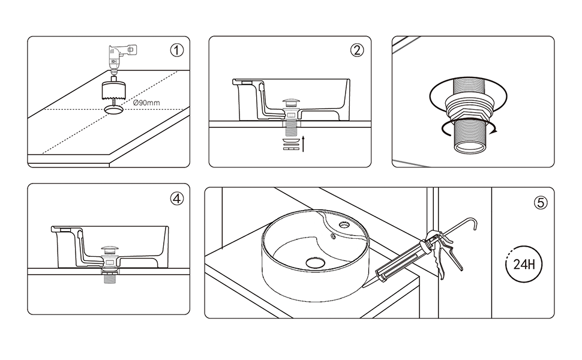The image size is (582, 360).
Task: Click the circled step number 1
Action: [176, 50]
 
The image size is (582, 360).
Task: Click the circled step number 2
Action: [357, 50]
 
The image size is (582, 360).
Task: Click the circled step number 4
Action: [176, 199]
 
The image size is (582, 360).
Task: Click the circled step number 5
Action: [541, 203]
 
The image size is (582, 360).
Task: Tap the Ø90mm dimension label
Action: [146, 103]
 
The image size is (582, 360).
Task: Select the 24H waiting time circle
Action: [524, 264]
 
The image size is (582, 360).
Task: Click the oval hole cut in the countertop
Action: [113, 109]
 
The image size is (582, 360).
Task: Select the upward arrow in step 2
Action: [303, 143]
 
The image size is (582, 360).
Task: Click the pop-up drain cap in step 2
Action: [292, 101]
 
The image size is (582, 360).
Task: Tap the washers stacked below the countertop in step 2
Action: [292, 144]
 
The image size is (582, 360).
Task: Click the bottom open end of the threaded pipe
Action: [470, 148]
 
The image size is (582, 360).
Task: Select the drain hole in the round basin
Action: [315, 263]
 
